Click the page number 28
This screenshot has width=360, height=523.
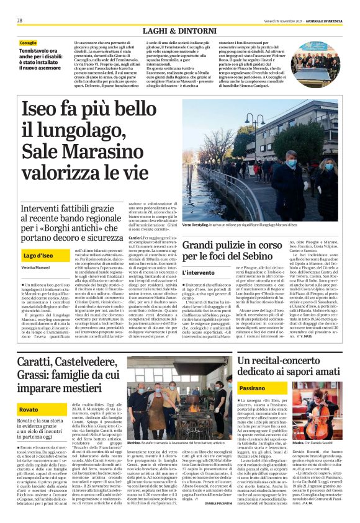(20, 20)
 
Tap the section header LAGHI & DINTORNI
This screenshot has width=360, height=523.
(179, 30)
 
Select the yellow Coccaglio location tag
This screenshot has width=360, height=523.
(28, 43)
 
